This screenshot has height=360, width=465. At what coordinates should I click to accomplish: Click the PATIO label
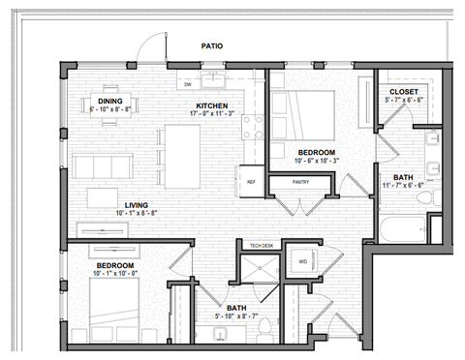point(212,45)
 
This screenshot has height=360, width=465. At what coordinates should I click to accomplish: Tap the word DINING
point(109,100)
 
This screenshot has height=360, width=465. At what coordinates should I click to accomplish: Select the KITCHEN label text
point(212,105)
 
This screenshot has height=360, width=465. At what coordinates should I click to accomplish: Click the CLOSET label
point(403,91)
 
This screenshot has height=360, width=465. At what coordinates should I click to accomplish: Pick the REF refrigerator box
point(251,181)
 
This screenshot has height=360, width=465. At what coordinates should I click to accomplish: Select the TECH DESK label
point(263,246)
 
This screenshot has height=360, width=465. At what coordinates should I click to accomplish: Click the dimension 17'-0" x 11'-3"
point(212,115)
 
